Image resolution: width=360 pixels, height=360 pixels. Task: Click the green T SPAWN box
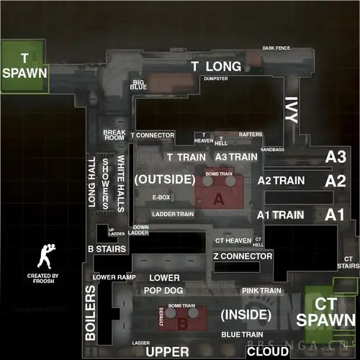(x=24, y=66)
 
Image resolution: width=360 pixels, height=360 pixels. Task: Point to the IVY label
(x=292, y=112)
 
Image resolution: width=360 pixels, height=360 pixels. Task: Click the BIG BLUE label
(x=139, y=84)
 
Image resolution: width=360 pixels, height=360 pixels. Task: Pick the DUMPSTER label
(x=216, y=78)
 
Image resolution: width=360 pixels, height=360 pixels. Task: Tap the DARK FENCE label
(x=276, y=48)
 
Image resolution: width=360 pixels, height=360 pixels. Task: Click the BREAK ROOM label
(x=114, y=135)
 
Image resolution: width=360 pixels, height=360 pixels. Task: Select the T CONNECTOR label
(x=153, y=135)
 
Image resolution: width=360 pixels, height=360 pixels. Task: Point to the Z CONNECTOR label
(x=242, y=256)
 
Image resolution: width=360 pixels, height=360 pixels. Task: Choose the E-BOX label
(x=161, y=197)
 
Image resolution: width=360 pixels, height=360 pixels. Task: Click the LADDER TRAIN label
(x=173, y=214)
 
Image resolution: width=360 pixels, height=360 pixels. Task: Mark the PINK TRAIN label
(x=260, y=291)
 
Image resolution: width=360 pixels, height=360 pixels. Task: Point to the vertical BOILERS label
(x=91, y=312)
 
